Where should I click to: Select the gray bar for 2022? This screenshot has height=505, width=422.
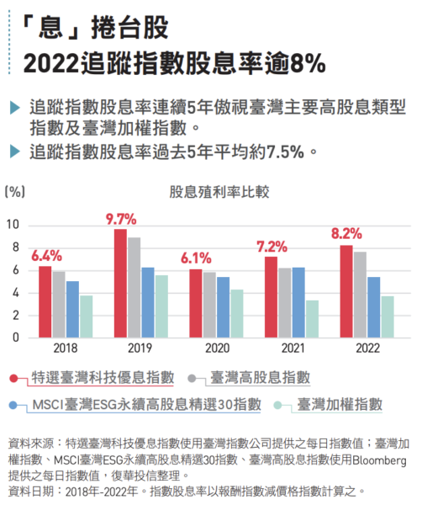[x=360, y=295]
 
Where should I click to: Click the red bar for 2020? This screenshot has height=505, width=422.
[x=196, y=303]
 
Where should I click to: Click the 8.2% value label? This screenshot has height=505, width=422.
[x=346, y=233]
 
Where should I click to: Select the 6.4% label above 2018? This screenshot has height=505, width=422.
[x=46, y=255]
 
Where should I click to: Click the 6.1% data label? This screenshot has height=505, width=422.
[x=195, y=258]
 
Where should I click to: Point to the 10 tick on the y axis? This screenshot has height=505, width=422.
[x=13, y=225]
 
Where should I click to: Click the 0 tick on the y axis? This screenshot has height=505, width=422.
[x=16, y=338]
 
